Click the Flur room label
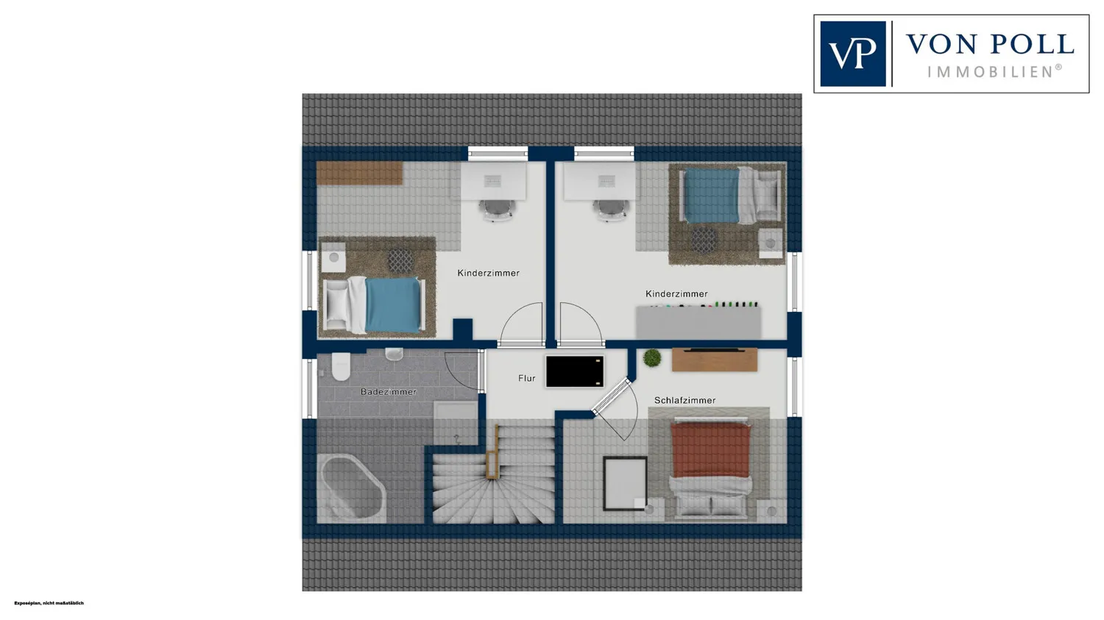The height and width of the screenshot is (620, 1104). click(x=526, y=378)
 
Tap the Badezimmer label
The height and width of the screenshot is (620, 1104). click(x=389, y=392)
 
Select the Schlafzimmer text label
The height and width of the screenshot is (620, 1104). click(x=684, y=400)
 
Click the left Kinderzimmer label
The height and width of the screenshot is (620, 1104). click(x=489, y=274)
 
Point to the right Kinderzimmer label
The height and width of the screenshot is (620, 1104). click(x=676, y=294)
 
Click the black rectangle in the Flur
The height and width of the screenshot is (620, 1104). click(x=575, y=371)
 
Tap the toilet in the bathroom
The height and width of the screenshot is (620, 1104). click(x=341, y=366)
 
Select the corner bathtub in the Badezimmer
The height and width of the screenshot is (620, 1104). click(x=352, y=487)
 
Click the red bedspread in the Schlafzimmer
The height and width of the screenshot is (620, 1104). click(x=710, y=449)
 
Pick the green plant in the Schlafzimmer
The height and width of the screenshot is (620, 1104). click(x=652, y=358)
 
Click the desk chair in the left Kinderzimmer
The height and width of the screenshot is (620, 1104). click(x=496, y=210)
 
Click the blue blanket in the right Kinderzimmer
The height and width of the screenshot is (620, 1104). click(x=712, y=196)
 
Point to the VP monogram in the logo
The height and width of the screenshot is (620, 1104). click(x=852, y=54)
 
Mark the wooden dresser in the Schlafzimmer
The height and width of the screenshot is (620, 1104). click(x=715, y=360)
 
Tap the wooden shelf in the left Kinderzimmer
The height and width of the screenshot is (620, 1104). click(x=359, y=174)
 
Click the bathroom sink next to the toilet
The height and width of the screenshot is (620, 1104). click(x=394, y=354)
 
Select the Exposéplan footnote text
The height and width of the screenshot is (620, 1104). click(x=49, y=603)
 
